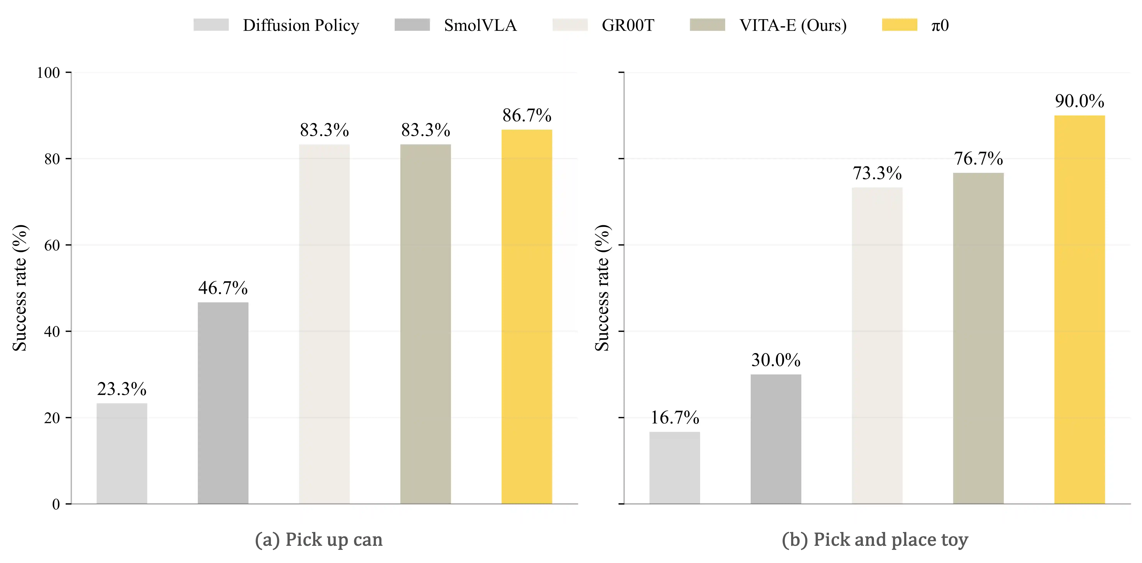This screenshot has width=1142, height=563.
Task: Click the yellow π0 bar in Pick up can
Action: tap(527, 317)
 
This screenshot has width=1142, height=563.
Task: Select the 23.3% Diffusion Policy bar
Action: tap(122, 454)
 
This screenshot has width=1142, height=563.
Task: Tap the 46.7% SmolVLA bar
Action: tap(223, 403)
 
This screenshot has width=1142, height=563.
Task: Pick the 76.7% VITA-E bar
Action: tap(978, 338)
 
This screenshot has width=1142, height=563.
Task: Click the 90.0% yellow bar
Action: tap(1080, 310)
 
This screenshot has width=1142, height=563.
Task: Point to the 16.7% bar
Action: tap(675, 468)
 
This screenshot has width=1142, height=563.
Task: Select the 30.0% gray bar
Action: tap(776, 439)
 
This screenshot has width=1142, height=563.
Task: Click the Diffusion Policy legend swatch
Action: tap(211, 25)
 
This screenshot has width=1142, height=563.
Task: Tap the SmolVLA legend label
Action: tap(481, 25)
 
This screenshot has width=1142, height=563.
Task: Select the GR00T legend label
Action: tap(628, 25)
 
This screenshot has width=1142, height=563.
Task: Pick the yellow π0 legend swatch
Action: tap(900, 25)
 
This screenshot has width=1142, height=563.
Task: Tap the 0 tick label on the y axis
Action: tap(56, 504)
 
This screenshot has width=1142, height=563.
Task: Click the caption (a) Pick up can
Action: tap(319, 539)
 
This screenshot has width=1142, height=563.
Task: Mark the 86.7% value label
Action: tap(527, 116)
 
